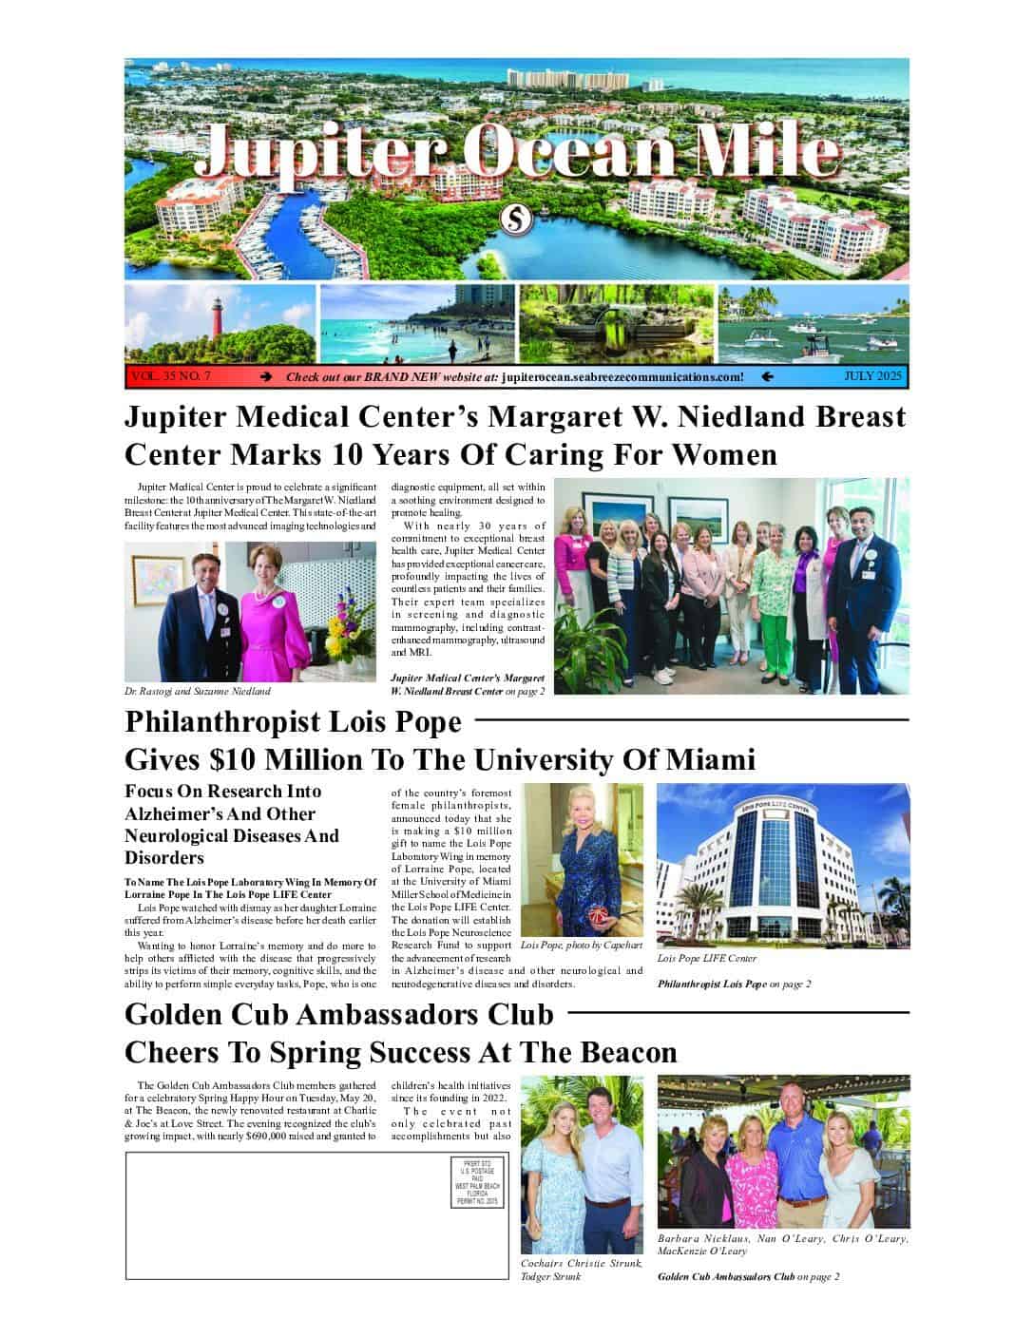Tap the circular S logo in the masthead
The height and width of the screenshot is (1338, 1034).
[515, 220]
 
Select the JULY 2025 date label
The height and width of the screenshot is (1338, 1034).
[872, 376]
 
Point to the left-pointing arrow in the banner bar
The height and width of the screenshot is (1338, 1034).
[767, 377]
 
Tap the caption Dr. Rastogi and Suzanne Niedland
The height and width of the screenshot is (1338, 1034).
[198, 691]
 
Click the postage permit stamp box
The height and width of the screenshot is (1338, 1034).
[477, 1182]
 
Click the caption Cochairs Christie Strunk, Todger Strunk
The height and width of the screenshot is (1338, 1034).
[582, 1270]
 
